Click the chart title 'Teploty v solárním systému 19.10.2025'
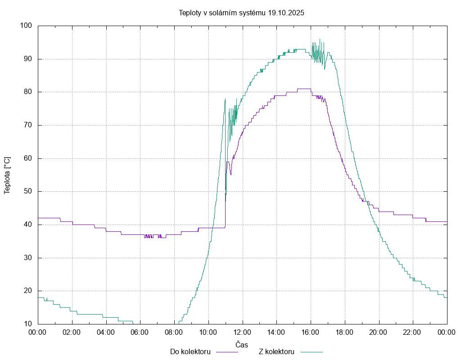(x=241, y=13)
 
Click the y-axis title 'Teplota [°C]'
(x=7, y=175)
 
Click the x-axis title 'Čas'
(x=242, y=344)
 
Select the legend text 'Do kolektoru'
(x=190, y=351)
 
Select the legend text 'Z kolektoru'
(x=276, y=351)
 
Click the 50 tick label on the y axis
(x=27, y=192)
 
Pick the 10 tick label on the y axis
(x=27, y=324)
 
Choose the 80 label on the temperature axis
(x=27, y=92)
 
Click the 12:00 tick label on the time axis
(x=242, y=333)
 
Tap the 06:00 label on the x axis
(x=140, y=333)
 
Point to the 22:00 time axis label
(x=413, y=333)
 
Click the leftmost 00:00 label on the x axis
(x=38, y=333)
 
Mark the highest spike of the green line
(x=320, y=39)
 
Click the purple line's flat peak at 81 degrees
(x=304, y=89)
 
